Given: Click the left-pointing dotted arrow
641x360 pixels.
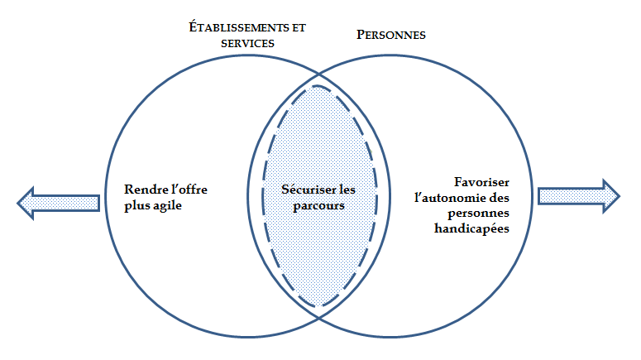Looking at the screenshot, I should [x=58, y=201].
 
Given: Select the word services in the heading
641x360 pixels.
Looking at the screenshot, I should [x=244, y=43].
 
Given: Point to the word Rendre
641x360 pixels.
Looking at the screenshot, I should [x=143, y=190].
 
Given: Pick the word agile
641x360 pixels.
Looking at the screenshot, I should [x=165, y=205].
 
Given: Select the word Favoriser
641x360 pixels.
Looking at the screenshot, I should [x=484, y=182].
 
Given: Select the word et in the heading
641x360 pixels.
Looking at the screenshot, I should [x=295, y=27].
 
